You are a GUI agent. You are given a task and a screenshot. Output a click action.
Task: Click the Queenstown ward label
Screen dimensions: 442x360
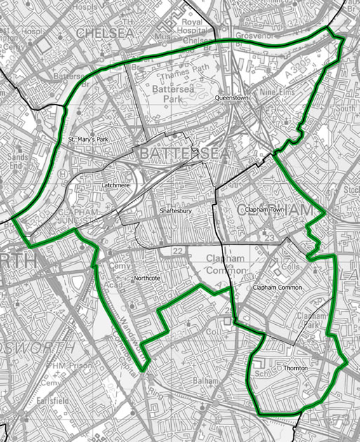click(x=232, y=98)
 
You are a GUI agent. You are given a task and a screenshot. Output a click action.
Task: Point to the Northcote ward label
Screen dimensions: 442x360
click(x=147, y=279)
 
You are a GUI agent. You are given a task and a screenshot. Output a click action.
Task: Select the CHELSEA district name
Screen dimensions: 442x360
click(x=105, y=32)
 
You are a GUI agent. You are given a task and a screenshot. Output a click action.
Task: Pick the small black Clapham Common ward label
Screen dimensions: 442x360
click(x=278, y=288)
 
